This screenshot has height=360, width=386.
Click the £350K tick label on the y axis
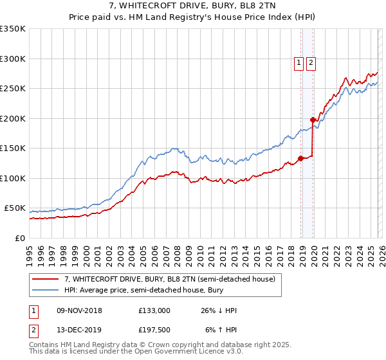click(13, 29)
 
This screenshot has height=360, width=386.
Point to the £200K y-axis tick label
click(13, 118)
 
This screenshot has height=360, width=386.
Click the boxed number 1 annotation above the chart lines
click(300, 63)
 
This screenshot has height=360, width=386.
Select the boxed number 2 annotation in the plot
click(311, 63)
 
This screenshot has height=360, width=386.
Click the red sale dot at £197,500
click(313, 120)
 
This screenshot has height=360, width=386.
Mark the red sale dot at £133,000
click(300, 158)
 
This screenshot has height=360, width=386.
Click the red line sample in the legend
click(46, 279)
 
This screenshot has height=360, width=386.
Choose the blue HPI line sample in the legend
click(46, 291)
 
